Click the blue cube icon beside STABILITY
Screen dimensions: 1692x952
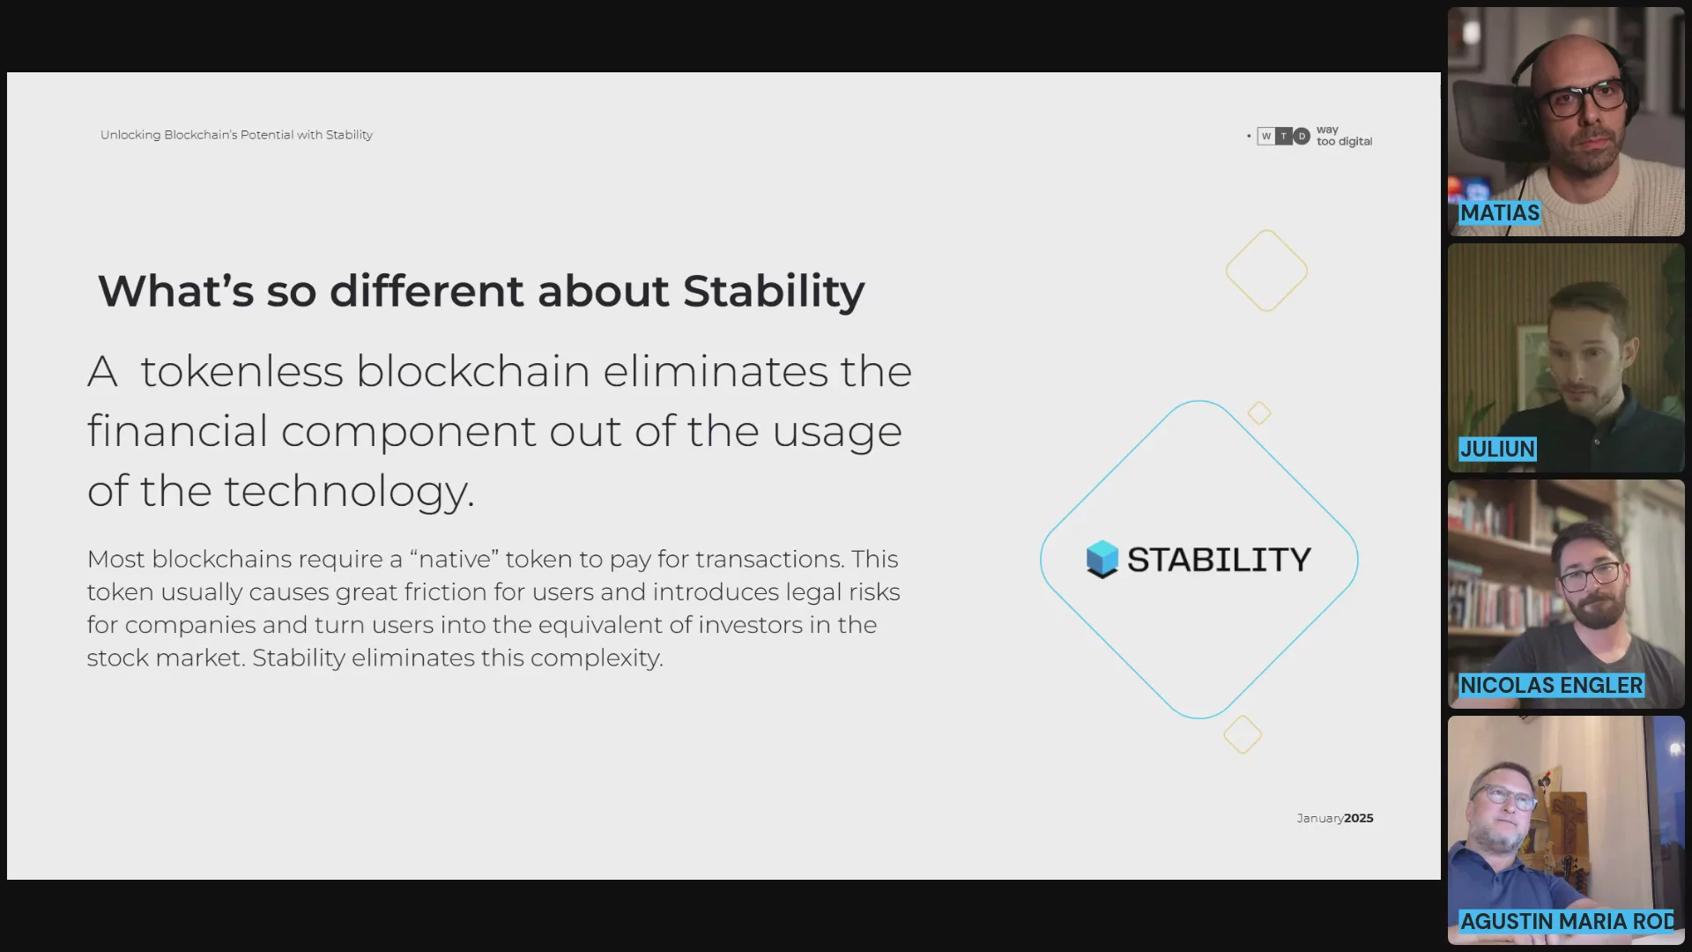[1102, 559]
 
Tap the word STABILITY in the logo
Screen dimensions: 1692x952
[1219, 560]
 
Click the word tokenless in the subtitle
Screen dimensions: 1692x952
[241, 371]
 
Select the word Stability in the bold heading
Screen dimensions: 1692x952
[774, 292]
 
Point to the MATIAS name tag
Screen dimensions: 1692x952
[1500, 213]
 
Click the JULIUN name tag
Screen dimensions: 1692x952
[1497, 450]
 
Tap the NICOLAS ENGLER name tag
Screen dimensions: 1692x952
[1551, 686]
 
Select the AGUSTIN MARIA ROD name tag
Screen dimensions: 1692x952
[1568, 922]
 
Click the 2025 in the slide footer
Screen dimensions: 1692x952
[1359, 818]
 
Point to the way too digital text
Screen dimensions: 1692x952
[1344, 136]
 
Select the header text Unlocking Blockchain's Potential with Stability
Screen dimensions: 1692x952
[236, 135]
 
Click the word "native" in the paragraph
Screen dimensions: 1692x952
[455, 559]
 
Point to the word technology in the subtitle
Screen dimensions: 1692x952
[349, 492]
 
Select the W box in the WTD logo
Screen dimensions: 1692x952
[1266, 136]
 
